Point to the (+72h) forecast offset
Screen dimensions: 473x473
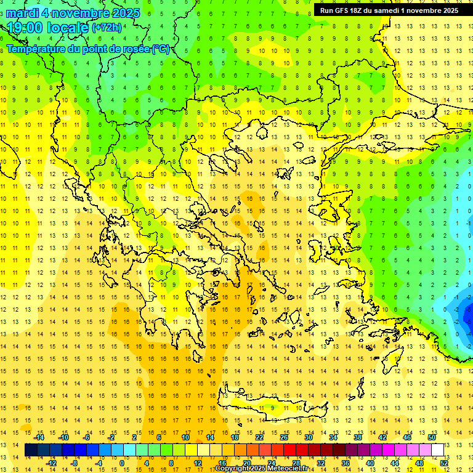(x=107, y=28)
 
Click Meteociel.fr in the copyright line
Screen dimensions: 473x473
(x=288, y=469)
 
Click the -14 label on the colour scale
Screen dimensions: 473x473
(x=39, y=437)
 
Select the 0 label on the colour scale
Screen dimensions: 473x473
(x=122, y=463)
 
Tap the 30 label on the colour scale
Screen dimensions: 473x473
(x=308, y=437)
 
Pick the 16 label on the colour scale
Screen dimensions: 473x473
(x=222, y=463)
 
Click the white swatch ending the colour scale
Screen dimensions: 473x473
(x=437, y=450)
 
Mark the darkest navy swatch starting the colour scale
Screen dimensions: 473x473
(x=31, y=450)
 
